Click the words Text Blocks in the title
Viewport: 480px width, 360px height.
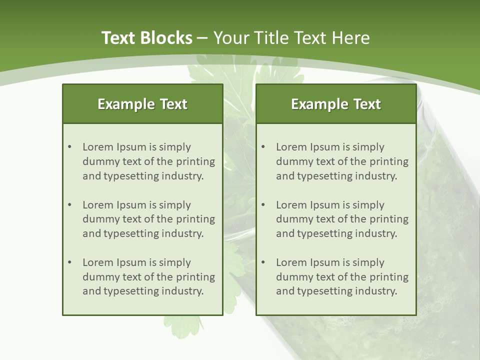point(146,38)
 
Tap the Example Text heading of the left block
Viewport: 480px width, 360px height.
point(142,104)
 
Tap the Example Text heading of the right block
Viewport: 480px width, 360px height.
point(336,104)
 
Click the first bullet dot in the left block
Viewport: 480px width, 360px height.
point(69,147)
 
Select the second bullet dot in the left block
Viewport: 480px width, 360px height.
point(69,205)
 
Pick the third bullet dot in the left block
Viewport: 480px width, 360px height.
point(69,262)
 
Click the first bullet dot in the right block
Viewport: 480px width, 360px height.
point(263,147)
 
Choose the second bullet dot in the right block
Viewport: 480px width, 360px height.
point(263,205)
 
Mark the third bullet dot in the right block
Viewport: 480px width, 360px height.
point(263,262)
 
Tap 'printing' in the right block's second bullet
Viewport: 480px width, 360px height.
point(388,219)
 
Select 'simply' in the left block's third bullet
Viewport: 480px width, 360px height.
point(175,262)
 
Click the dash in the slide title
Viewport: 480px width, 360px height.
point(202,38)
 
